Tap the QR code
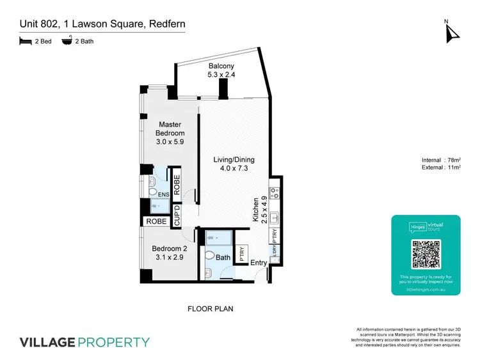pyautogui.click(x=426, y=254)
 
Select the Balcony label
pyautogui.click(x=221, y=70)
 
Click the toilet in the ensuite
pyautogui.click(x=153, y=191)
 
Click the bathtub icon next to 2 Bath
pyautogui.click(x=66, y=41)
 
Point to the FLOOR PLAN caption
pyautogui.click(x=210, y=309)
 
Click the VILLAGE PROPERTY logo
pyautogui.click(x=85, y=342)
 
